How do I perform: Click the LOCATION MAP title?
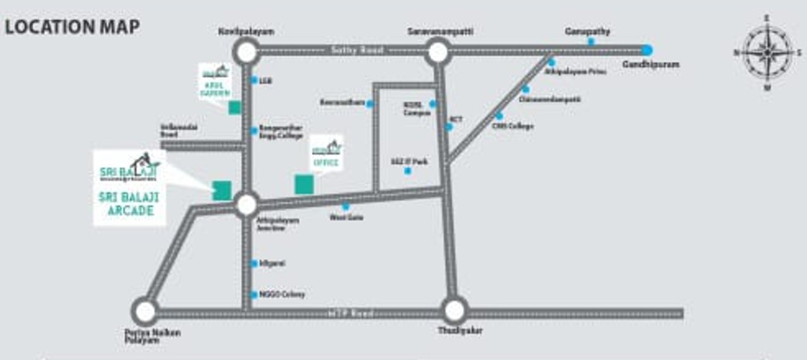coord(72,27)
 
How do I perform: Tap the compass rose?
coord(767,53)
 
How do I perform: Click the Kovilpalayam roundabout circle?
coord(246,53)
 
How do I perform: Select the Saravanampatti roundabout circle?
coord(437,53)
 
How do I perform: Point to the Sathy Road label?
coord(357,51)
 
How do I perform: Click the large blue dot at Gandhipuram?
coord(648,50)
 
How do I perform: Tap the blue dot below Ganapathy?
coord(591,42)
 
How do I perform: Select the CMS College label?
coord(513,126)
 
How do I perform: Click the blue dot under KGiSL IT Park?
coord(408,171)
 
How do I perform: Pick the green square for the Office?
coord(303,184)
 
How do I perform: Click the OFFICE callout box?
coord(326,153)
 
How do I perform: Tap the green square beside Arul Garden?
coord(234,108)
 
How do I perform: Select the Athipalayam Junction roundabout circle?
coord(246,205)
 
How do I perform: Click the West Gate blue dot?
coord(346,207)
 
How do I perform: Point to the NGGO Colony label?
coord(281,295)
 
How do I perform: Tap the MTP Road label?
coord(351,313)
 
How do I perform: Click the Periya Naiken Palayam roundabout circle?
coord(145,312)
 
